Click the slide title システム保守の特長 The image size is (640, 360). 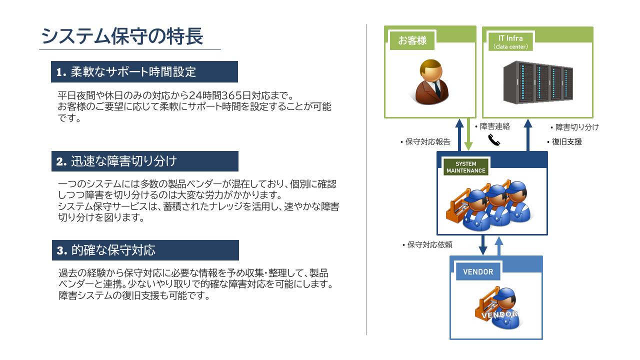point(122,36)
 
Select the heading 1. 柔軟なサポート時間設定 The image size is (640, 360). point(126,71)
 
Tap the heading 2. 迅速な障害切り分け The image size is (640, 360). point(116,161)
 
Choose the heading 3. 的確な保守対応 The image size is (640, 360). point(106,250)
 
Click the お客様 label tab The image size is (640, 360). point(412,40)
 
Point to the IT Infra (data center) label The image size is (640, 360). point(510,41)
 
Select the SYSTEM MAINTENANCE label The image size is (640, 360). point(465,167)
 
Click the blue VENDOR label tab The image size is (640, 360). point(478,271)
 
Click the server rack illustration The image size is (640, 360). point(538,82)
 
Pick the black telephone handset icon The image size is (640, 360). point(494,139)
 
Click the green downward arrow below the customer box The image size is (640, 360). point(468,134)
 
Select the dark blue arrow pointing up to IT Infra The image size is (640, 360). point(527,135)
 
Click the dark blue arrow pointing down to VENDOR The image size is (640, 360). point(483,245)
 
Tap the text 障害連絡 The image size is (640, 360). point(494,126)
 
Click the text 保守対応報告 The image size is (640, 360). point(427,141)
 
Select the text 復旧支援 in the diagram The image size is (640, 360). point(567,141)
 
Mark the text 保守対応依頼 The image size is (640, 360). point(429,244)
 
